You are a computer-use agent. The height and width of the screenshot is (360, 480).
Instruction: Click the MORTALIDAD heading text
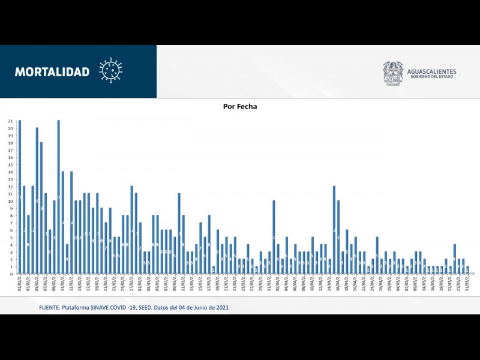point(52,72)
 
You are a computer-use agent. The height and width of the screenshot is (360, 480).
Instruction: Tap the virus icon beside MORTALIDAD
point(110,70)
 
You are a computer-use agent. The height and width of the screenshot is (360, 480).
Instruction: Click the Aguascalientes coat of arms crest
point(393,73)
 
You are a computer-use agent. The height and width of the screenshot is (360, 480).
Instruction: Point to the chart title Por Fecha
point(240,106)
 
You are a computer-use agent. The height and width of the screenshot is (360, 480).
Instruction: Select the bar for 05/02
point(37,200)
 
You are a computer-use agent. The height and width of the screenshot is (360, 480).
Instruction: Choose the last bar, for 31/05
point(467,270)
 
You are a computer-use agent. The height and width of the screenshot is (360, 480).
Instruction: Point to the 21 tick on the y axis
point(10,121)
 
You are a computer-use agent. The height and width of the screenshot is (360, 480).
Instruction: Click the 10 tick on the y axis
point(10,201)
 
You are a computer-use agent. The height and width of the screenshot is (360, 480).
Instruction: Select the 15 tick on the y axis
point(10,165)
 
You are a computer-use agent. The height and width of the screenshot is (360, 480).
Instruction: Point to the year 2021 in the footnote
point(221,308)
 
